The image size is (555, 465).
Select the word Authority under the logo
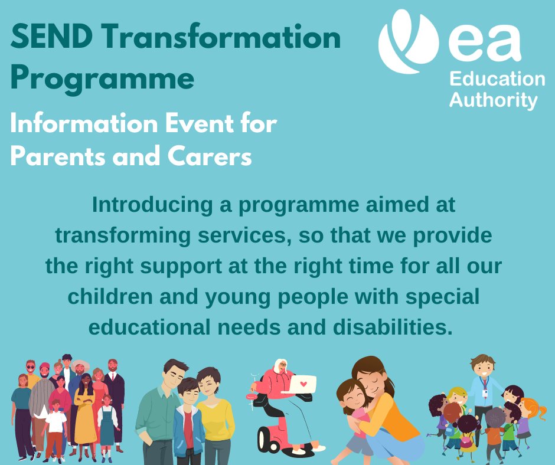tap(493, 100)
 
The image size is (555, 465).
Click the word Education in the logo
tap(497, 80)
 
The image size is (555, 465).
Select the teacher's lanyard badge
tap(485, 391)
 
